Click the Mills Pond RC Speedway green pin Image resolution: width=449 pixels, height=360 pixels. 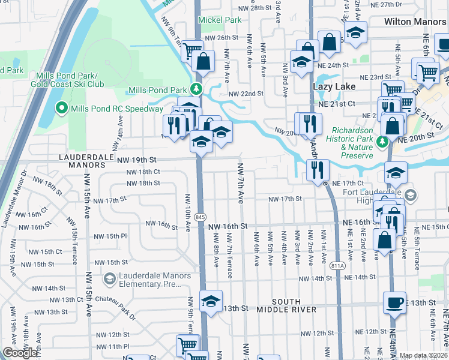61,109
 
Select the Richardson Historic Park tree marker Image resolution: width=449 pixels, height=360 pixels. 382,142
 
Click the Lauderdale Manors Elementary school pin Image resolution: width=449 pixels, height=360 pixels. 109,278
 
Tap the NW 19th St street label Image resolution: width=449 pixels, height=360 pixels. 136,160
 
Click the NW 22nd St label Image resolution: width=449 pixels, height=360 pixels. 246,94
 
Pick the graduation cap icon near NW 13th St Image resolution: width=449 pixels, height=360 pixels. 211,301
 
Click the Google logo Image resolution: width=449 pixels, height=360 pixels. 20,353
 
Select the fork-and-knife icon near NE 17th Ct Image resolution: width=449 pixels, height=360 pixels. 317,169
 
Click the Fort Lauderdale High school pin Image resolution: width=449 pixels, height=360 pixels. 410,194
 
